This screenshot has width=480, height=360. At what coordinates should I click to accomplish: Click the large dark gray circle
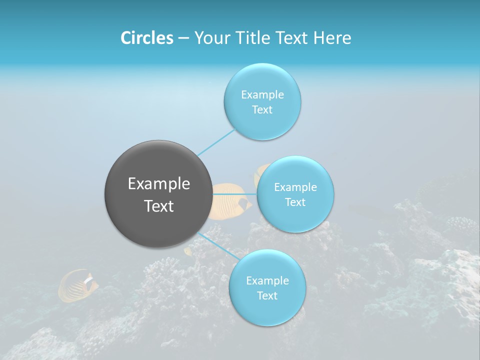pyautogui.click(x=158, y=194)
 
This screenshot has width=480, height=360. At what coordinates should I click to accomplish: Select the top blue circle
pyautogui.click(x=262, y=101)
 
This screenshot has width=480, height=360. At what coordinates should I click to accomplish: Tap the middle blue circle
pyautogui.click(x=295, y=194)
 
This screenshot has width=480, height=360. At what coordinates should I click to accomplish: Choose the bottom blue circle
pyautogui.click(x=267, y=288)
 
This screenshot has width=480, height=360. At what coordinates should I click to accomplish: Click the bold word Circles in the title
pyautogui.click(x=147, y=38)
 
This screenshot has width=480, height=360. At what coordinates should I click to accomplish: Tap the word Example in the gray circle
pyautogui.click(x=159, y=184)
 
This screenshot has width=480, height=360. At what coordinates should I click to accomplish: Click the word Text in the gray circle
pyautogui.click(x=159, y=206)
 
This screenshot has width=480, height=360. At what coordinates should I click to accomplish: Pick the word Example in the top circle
pyautogui.click(x=262, y=95)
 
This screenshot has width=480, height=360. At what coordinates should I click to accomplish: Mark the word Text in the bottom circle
pyautogui.click(x=267, y=296)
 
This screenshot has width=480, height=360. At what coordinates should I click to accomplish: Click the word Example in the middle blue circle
pyautogui.click(x=295, y=187)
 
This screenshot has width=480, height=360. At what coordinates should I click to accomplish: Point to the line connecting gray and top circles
pyautogui.click(x=216, y=142)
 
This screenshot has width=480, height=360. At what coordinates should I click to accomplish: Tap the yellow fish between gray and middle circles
pyautogui.click(x=229, y=200)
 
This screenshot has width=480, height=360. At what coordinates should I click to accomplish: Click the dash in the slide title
pyautogui.click(x=183, y=38)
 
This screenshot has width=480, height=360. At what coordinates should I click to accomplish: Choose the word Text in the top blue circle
pyautogui.click(x=262, y=110)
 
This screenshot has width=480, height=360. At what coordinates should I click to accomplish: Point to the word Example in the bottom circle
pyautogui.click(x=267, y=281)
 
